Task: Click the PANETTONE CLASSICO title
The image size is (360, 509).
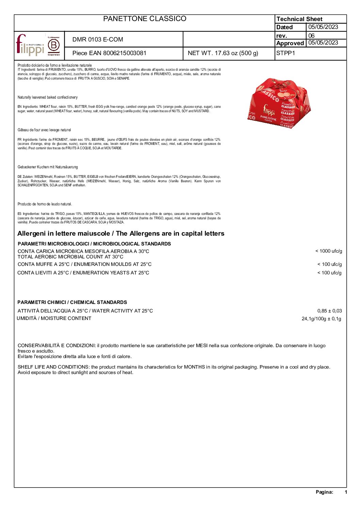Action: (145, 19)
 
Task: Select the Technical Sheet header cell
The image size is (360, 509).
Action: (299, 19)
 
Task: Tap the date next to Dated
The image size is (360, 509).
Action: (323, 27)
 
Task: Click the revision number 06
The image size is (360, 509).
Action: (311, 35)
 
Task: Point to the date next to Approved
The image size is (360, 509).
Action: (323, 43)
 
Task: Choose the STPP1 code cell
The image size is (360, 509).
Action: (286, 53)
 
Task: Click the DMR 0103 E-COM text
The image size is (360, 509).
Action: (98, 39)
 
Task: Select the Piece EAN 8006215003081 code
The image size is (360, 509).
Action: (109, 53)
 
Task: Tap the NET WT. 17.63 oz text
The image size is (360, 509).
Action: (223, 53)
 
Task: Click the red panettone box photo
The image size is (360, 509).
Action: (282, 103)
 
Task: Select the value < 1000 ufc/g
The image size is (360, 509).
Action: (328, 251)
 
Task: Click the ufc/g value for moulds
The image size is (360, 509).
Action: (329, 264)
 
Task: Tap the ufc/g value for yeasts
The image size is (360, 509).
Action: (329, 273)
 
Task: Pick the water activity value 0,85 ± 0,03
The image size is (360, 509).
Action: (329, 311)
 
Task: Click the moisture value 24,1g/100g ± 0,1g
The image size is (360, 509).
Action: (321, 319)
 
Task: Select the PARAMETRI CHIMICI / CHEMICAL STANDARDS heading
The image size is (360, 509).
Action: (72, 302)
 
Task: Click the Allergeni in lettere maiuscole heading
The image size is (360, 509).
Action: (121, 234)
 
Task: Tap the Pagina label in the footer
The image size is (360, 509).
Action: (324, 492)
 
